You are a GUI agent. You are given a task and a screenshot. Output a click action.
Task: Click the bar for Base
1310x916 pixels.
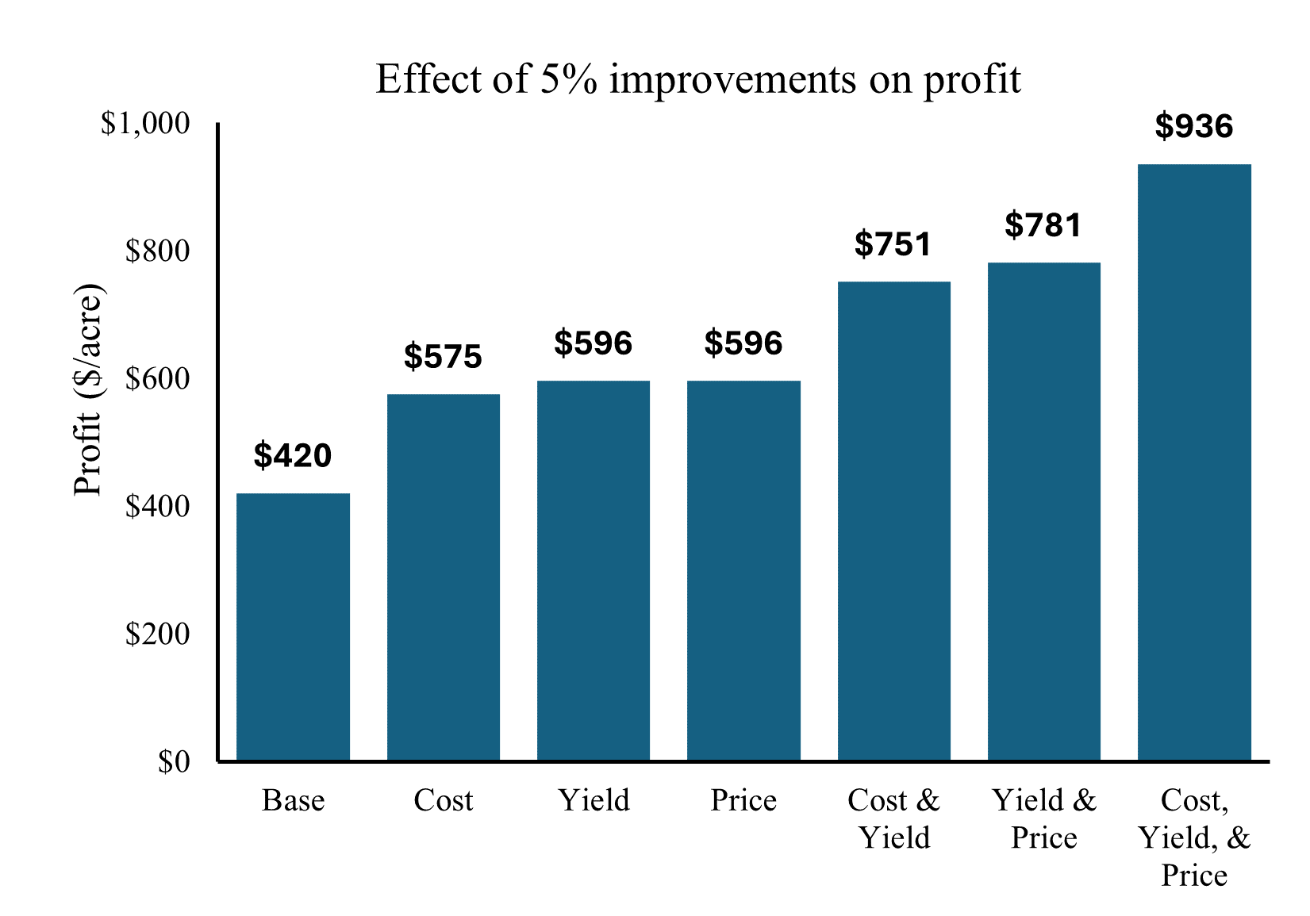293,627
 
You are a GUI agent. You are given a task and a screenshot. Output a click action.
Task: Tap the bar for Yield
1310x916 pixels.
593,571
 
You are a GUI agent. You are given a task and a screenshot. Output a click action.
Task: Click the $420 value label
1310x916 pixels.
293,456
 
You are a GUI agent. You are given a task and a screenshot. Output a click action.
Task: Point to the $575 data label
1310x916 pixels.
443,357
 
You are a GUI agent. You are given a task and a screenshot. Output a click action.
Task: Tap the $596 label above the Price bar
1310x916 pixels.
743,343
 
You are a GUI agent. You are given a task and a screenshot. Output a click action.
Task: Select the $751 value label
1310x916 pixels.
893,244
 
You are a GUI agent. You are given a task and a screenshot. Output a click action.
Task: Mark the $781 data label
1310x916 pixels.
1043,225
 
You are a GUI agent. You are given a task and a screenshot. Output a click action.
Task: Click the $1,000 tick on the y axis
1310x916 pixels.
145,124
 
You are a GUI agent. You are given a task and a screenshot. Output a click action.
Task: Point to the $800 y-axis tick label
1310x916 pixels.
158,251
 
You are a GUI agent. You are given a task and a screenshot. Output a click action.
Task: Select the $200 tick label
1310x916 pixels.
158,634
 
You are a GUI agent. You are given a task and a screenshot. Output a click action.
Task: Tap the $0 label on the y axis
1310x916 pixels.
174,762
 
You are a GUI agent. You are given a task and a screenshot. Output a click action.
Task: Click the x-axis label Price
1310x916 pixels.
743,800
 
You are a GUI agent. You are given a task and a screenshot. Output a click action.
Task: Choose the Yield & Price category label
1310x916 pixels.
1043,818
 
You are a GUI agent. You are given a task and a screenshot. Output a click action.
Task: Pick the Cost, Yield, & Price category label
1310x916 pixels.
1194,837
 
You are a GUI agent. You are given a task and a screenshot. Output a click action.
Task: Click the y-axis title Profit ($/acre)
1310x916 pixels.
88,389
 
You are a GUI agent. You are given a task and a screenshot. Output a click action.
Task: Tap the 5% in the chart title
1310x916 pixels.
568,79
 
